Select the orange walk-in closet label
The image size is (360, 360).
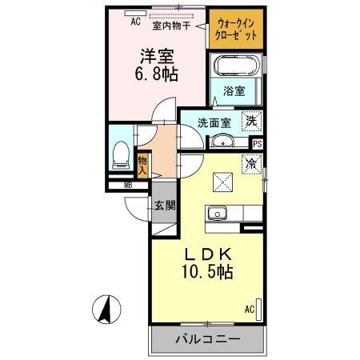pos(235,30)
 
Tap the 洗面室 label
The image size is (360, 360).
pos(215,122)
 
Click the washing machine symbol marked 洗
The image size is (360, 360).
pos(251,121)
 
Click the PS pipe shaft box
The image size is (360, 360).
pos(257,144)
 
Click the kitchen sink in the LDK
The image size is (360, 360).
pos(218,213)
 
